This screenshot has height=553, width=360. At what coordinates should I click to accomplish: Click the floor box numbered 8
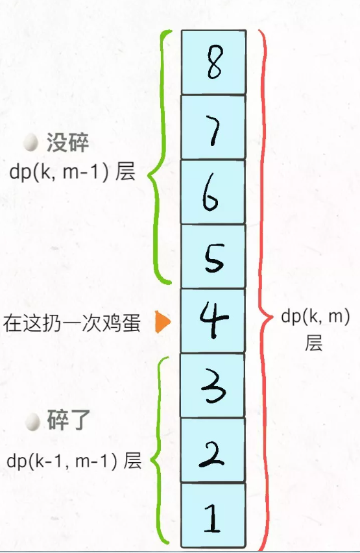pos(213,62)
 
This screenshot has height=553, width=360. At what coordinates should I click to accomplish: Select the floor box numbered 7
pos(213,127)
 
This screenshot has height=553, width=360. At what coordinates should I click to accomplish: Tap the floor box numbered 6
pos(213,192)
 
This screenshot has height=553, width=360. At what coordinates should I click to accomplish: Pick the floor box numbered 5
pos(213,256)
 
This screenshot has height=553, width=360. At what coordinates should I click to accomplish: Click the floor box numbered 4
pos(213,321)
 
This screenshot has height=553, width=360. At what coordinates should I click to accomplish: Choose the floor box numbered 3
pos(213,386)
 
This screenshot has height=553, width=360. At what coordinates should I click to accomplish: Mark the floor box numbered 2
pos(213,450)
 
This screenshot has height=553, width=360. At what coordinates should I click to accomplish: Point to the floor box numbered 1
pos(213,515)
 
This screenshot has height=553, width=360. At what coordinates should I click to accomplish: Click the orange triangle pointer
pos(163,322)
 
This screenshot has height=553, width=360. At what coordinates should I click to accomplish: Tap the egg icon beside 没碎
pos(30,143)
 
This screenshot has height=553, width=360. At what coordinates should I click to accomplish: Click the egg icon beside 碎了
pos(33,422)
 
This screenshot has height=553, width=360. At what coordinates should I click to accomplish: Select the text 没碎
pos(67,143)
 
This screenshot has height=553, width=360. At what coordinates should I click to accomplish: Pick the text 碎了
pos(68,420)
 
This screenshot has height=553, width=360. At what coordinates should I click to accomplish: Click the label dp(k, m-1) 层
pos(72,172)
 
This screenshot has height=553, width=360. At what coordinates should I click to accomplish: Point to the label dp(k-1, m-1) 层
pos(74,461)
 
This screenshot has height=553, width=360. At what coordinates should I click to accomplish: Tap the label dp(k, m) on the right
pos(316,317)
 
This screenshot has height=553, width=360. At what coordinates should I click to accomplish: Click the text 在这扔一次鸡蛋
pos(72,323)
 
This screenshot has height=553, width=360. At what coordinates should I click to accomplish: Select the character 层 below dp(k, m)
pos(313,343)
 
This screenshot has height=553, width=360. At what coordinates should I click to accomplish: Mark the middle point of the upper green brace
pos(149,174)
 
